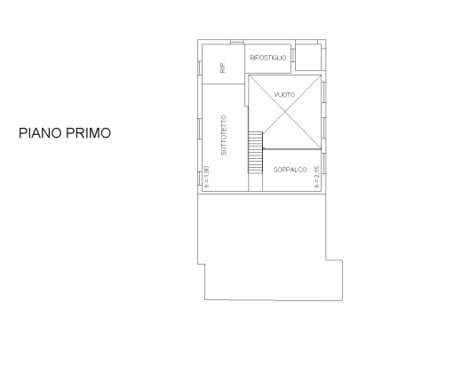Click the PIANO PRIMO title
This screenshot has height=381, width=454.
[65, 133]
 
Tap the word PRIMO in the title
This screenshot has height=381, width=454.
[88, 133]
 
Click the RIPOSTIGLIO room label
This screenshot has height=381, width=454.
[268, 58]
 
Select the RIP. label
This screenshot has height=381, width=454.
[223, 67]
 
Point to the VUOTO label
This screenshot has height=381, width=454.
[284, 94]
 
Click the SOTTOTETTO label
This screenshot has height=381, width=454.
[224, 135]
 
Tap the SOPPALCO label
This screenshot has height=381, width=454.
[290, 170]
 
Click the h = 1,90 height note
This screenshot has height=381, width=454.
[207, 177]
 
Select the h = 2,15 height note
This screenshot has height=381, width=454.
[317, 177]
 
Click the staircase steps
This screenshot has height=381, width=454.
[255, 153]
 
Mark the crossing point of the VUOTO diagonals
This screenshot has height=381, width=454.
[285, 112]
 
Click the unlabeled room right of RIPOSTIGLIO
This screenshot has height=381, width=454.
[308, 57]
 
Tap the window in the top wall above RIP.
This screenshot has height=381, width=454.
[237, 42]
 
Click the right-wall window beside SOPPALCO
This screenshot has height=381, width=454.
[323, 163]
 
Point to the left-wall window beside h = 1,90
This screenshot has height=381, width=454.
[200, 179]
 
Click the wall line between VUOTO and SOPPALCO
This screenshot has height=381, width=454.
[292, 149]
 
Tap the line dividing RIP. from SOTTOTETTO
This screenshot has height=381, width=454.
[223, 83]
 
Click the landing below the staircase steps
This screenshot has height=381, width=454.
[255, 182]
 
